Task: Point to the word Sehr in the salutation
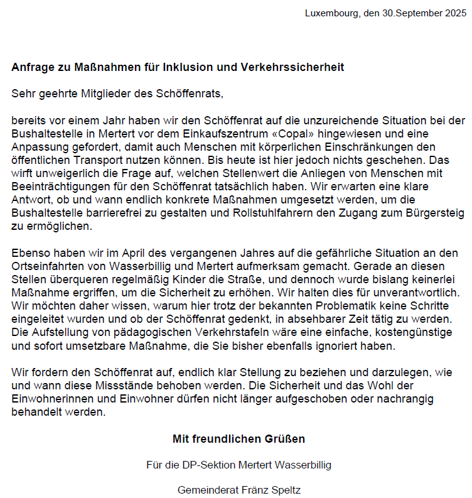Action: coord(21,94)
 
